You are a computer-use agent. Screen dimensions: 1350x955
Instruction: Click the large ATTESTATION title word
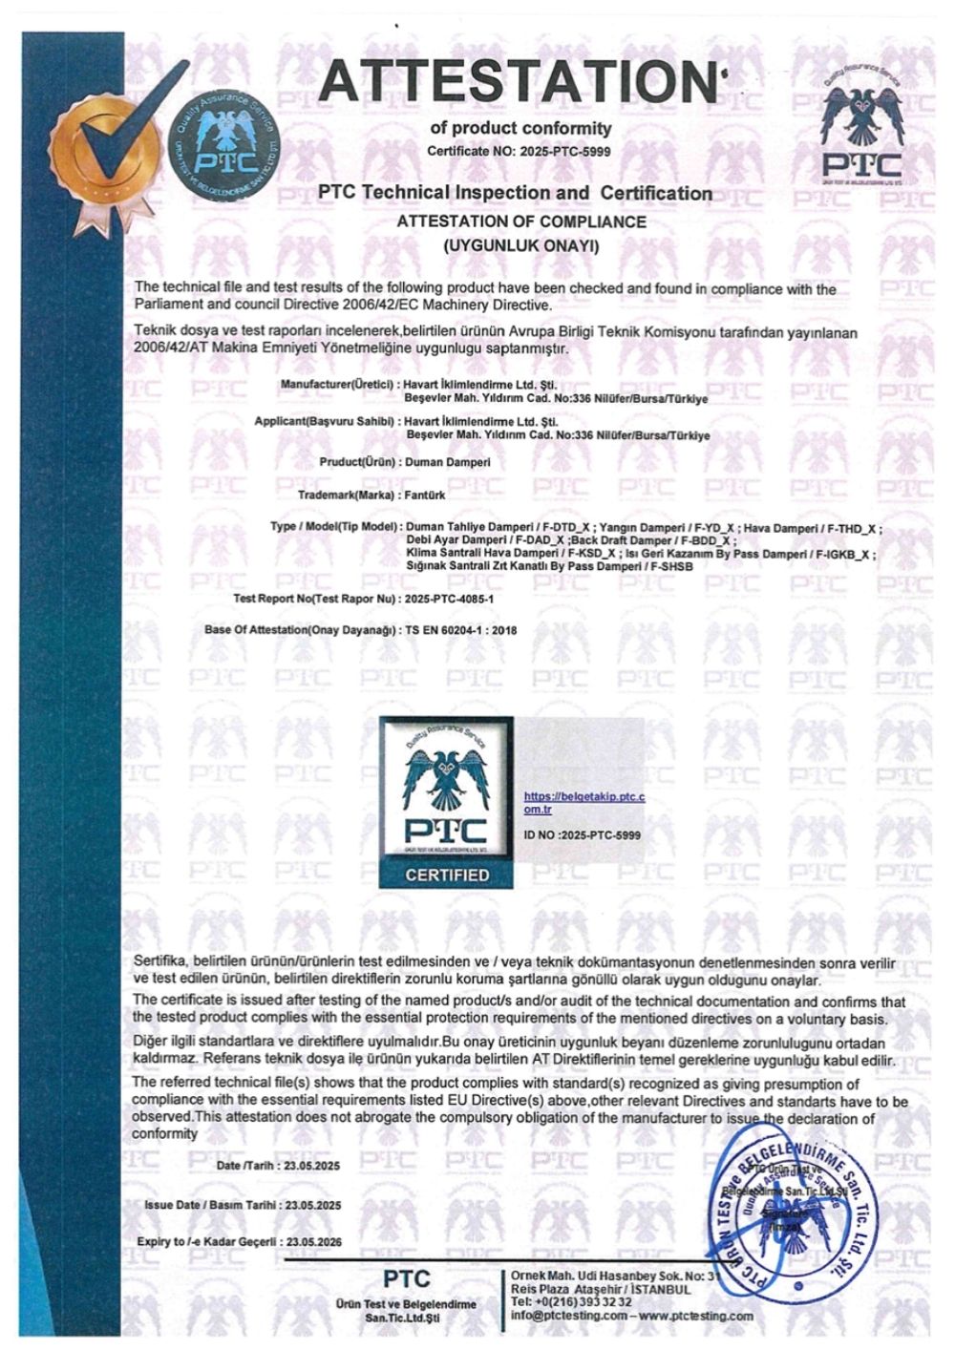pyautogui.click(x=520, y=80)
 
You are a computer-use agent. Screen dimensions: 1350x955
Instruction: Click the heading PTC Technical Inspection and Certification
pyautogui.click(x=516, y=193)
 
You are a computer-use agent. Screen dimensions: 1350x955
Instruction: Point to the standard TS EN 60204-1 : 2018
pyautogui.click(x=468, y=630)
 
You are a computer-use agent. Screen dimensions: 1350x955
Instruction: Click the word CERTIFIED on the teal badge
pyautogui.click(x=447, y=875)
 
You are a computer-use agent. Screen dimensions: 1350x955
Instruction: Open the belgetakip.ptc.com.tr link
pyautogui.click(x=584, y=802)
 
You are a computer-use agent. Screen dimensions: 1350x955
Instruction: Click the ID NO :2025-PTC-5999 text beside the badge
pyautogui.click(x=583, y=834)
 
